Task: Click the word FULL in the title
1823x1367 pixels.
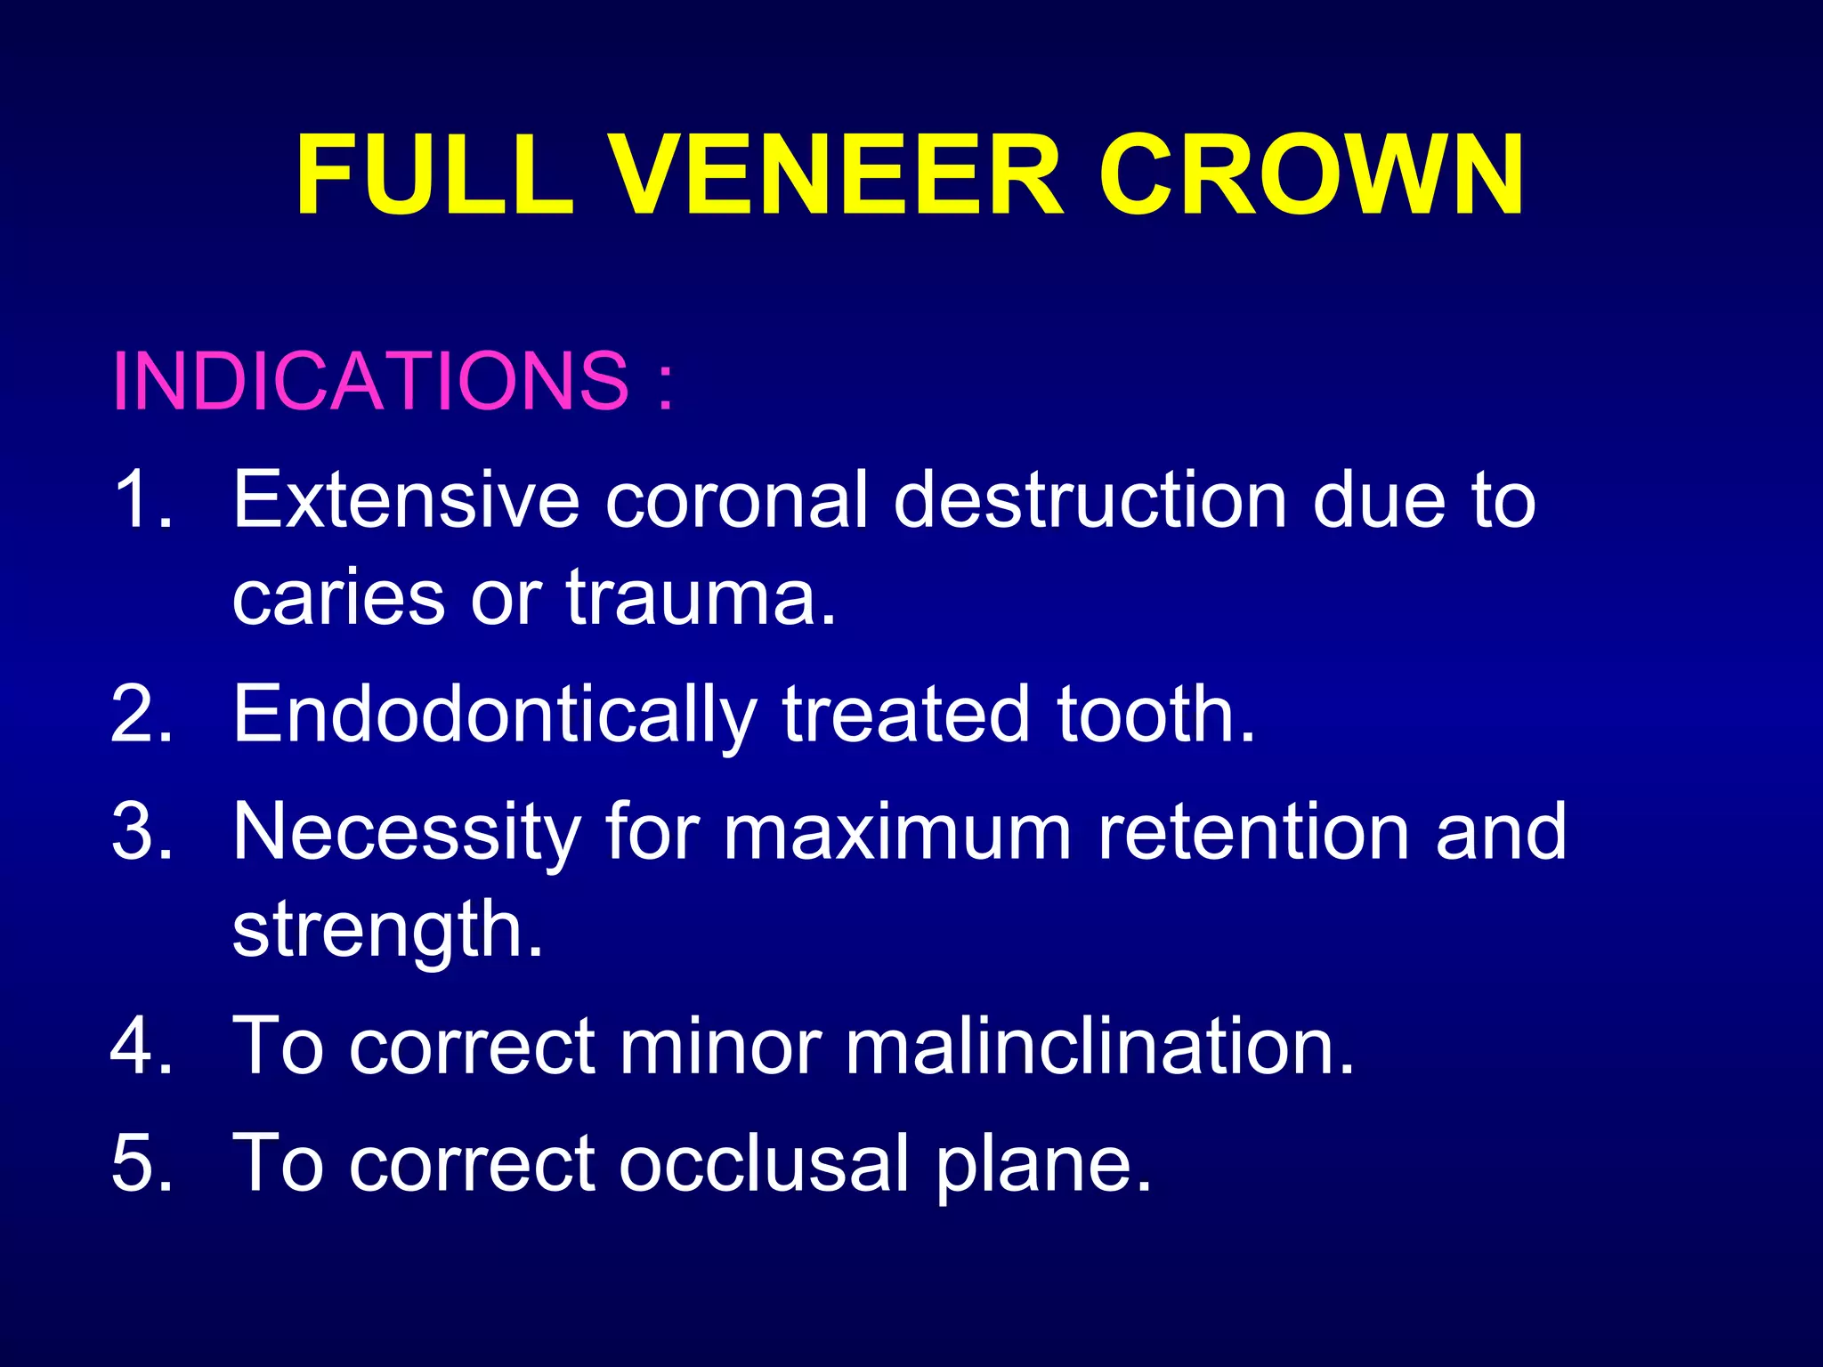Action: (x=434, y=175)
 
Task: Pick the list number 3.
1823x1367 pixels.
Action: (x=142, y=831)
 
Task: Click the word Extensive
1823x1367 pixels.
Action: (x=406, y=500)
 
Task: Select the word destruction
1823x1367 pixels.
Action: (x=1090, y=500)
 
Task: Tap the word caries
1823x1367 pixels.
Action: (x=338, y=598)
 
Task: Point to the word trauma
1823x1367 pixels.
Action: (x=700, y=598)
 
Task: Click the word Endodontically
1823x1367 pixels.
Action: (x=494, y=716)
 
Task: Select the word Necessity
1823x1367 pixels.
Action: (x=406, y=833)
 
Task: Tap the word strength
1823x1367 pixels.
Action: (x=386, y=931)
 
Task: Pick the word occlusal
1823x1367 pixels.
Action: (x=764, y=1164)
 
